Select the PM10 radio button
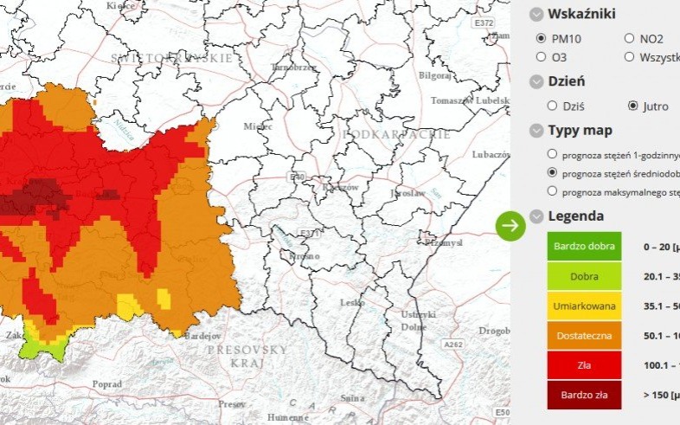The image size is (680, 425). point(541,38)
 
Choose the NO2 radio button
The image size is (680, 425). point(629,38)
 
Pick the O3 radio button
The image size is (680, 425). point(541,57)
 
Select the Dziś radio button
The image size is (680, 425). point(552,106)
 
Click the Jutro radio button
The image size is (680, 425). point(632,106)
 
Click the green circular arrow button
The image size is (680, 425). point(510,225)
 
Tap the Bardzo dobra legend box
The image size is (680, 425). point(584,246)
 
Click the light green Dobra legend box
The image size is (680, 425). point(584,276)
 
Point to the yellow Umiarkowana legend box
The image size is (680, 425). point(584,306)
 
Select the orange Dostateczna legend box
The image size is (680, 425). point(584,335)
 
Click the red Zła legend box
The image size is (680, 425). point(584,365)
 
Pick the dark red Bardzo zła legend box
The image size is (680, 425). point(584,395)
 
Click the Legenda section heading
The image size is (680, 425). point(575,216)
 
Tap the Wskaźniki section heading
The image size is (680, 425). point(581,14)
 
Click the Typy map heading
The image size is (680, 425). point(580,131)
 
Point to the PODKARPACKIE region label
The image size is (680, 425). point(386,135)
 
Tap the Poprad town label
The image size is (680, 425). point(106,383)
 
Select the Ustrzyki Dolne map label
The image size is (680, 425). point(416,320)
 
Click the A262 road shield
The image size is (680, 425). point(453,345)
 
